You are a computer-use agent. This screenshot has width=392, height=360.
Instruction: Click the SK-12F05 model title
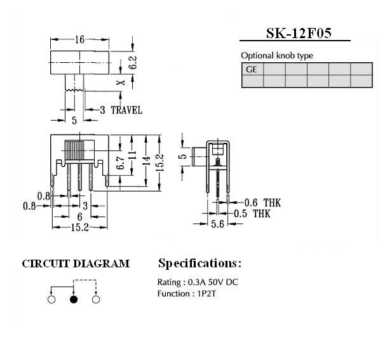pos(299,33)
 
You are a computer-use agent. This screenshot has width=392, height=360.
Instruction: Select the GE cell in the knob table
pos(252,69)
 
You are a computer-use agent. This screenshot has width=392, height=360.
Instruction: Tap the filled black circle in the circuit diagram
pos(74,299)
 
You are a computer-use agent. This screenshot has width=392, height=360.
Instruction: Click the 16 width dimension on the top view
pos(80,39)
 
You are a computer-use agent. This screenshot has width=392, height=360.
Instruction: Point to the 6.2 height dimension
pos(133,62)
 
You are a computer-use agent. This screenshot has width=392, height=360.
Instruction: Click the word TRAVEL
pos(126,110)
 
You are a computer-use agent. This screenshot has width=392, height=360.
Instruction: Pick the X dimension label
pos(121,82)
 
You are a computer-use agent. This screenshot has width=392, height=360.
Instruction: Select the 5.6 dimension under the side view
pos(217,224)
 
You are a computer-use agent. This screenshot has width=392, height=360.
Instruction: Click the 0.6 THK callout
pos(262,203)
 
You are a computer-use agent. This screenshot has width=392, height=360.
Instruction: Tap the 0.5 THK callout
pos(252,214)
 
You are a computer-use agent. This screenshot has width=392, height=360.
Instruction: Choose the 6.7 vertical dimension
pos(121,163)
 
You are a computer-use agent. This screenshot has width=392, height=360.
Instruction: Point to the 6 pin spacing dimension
pos(80,217)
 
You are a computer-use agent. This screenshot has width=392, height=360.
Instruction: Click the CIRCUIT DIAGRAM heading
pos(76,264)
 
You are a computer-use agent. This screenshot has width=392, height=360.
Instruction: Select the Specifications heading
pos(199,263)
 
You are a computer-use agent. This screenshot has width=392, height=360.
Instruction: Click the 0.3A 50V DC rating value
pos(213,283)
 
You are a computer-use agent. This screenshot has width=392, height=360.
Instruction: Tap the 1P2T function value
pos(206,293)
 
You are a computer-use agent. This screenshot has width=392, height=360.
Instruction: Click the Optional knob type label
pos(277,55)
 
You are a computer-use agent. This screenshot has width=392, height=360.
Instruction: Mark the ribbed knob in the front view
pos(74,150)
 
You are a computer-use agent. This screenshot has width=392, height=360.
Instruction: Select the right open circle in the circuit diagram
pos(96,299)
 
